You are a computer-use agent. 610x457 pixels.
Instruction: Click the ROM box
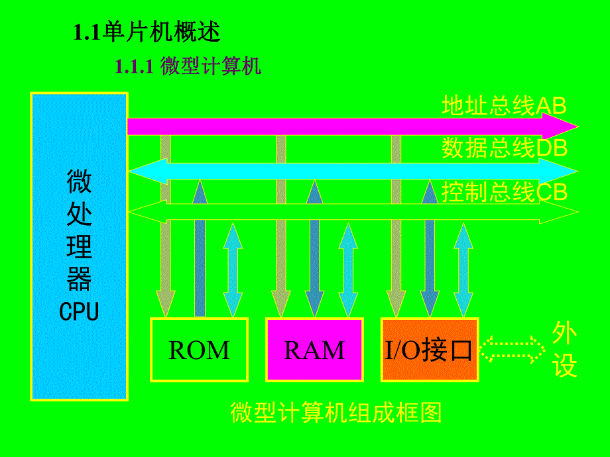pos(199,350)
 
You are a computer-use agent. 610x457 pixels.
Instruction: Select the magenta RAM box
pos(314,350)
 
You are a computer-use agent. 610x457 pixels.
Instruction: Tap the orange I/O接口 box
pos(430,350)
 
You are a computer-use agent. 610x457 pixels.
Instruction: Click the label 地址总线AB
pos(504,105)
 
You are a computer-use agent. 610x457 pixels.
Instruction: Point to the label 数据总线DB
pos(505,148)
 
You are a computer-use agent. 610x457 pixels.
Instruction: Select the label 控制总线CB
pos(505,192)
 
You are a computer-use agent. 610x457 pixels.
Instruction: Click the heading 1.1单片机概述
pos(147,32)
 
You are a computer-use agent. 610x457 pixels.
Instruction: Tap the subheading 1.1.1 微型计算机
pos(188,67)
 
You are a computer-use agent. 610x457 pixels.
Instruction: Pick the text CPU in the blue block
pos(79,311)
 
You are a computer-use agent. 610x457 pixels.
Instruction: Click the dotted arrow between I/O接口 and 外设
pos(511,349)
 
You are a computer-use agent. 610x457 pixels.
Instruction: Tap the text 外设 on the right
pos(565,350)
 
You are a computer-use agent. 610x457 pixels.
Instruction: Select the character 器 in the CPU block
pos(79,280)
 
